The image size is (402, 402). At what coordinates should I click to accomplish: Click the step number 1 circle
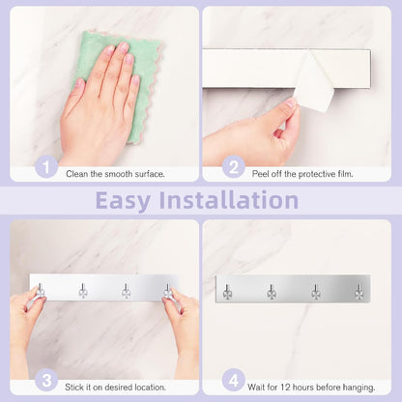click(x=46, y=166)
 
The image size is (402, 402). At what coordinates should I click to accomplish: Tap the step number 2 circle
click(x=234, y=166)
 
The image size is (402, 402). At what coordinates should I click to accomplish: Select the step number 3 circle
click(x=46, y=380)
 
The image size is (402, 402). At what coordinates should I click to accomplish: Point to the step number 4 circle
click(x=234, y=380)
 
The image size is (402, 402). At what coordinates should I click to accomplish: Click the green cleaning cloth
click(x=142, y=65)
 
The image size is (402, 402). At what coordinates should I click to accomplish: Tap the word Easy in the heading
click(x=123, y=201)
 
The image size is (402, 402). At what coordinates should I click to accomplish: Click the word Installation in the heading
click(x=229, y=200)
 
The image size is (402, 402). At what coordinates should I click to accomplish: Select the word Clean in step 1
click(x=77, y=174)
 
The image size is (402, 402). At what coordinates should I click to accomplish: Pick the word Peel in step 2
click(x=259, y=174)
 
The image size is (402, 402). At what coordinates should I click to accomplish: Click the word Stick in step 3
click(x=74, y=387)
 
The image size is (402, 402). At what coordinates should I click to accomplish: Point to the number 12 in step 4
click(x=285, y=387)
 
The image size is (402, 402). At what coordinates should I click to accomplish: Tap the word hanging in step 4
click(x=359, y=388)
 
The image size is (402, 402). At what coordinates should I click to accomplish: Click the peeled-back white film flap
click(x=314, y=82)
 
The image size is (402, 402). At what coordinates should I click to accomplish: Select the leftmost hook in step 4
click(x=227, y=292)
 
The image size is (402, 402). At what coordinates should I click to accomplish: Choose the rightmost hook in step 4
click(x=359, y=292)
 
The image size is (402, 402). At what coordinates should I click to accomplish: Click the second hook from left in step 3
click(x=83, y=291)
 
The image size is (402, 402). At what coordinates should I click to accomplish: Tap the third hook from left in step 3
click(x=126, y=291)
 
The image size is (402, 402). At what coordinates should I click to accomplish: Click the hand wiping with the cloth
click(x=100, y=106)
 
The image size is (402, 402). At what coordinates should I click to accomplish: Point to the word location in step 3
click(x=151, y=387)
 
